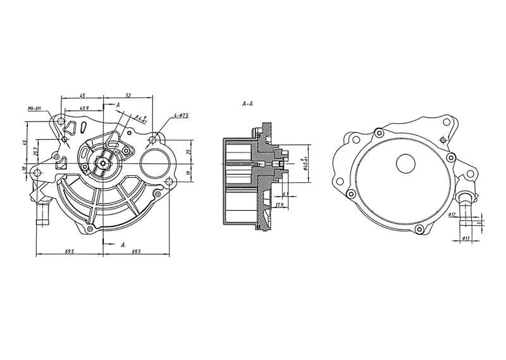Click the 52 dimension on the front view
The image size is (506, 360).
(x=128, y=95)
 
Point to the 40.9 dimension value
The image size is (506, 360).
(x=83, y=108)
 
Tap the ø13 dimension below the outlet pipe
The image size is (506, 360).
(x=465, y=238)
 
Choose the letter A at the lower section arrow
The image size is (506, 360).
(x=121, y=244)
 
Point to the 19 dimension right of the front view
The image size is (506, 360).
(x=188, y=172)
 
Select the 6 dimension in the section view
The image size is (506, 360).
(x=285, y=194)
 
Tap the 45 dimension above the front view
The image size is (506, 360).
(x=82, y=95)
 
